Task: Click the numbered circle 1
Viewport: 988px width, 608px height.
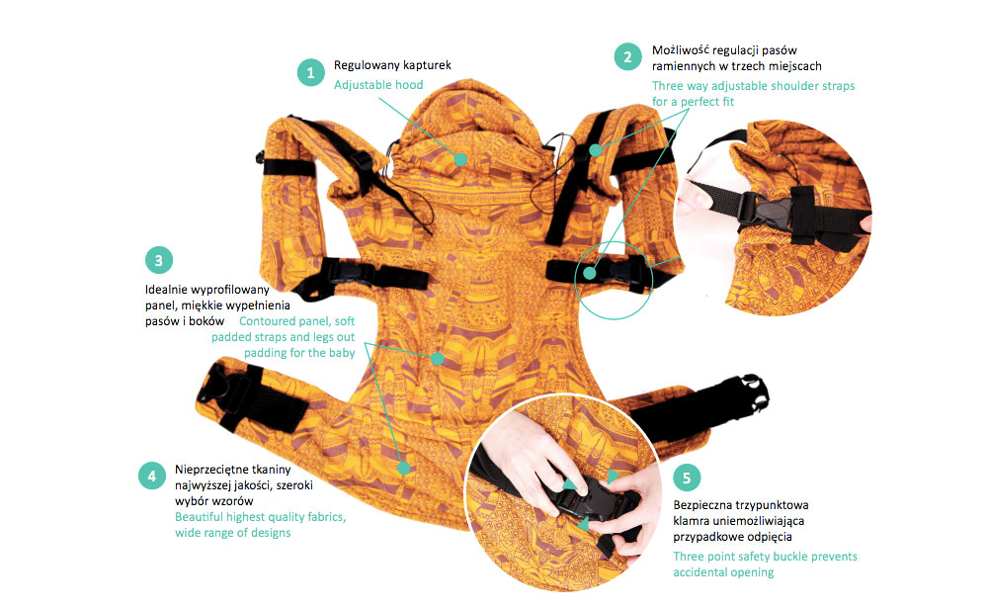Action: click(x=310, y=72)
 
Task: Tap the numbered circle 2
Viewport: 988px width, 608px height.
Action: click(x=627, y=56)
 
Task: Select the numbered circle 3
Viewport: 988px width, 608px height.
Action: click(x=159, y=260)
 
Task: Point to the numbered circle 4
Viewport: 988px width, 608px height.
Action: click(x=152, y=477)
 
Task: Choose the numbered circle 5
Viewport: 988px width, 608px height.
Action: click(x=687, y=478)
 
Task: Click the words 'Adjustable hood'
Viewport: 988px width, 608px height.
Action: click(x=378, y=84)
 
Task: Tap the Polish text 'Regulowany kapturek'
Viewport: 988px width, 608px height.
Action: click(x=392, y=65)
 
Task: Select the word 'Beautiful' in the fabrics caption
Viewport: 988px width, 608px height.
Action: click(x=200, y=516)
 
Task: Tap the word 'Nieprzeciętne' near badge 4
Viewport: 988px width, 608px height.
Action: click(x=213, y=470)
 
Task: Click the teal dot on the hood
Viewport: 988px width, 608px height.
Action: click(x=460, y=159)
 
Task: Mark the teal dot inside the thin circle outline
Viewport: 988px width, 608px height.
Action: click(x=590, y=273)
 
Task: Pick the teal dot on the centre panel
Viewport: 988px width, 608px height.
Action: click(x=438, y=358)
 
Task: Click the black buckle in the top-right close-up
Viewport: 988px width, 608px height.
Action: click(x=766, y=212)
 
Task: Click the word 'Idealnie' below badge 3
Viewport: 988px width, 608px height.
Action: click(x=168, y=290)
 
